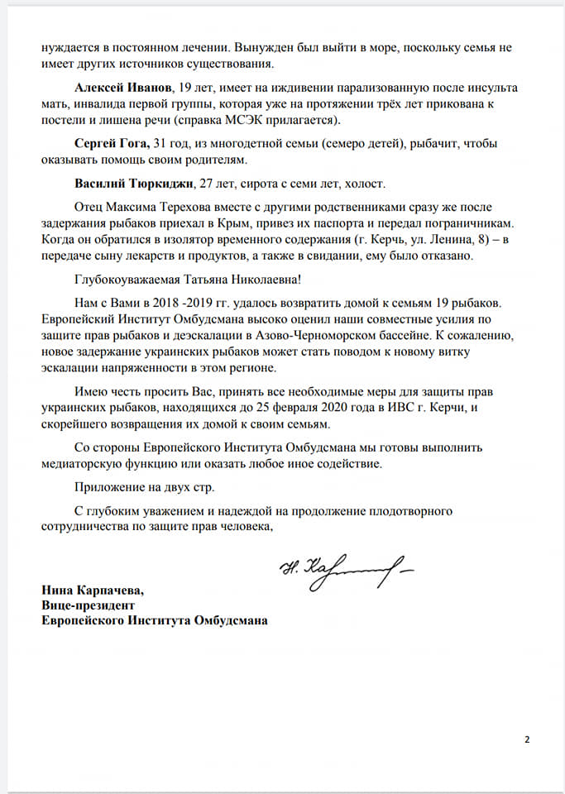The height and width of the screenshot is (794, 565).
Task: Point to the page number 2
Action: click(527, 739)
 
